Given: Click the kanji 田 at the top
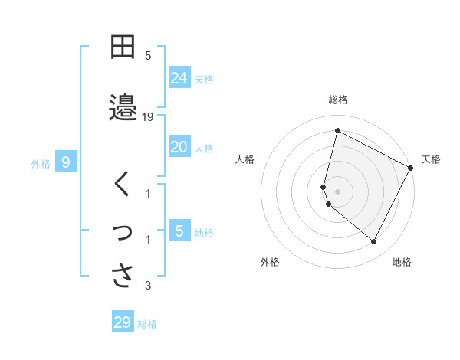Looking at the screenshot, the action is click(x=123, y=47).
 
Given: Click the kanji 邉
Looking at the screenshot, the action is click(x=123, y=106).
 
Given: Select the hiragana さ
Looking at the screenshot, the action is click(x=123, y=275).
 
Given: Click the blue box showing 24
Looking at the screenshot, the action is click(x=179, y=77).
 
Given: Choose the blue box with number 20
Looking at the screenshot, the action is click(x=179, y=147).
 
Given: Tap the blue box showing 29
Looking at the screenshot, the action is click(x=123, y=322).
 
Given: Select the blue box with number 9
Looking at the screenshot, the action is click(x=66, y=162).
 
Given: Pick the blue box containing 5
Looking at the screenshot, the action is click(x=179, y=231).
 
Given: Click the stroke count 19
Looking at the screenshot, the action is click(x=149, y=117).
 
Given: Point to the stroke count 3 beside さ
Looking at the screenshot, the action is click(x=149, y=286).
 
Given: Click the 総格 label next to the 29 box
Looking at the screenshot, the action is click(x=147, y=324).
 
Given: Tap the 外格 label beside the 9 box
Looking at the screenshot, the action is click(x=41, y=163).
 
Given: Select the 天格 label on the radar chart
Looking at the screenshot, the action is click(x=431, y=159).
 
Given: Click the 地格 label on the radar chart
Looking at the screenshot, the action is click(x=402, y=262).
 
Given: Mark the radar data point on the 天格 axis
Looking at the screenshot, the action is click(x=411, y=168).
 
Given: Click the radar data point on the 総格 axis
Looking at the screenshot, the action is click(x=337, y=131).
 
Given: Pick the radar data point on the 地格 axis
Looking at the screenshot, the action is click(x=373, y=242).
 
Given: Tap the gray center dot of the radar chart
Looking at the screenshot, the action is click(x=337, y=191).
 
